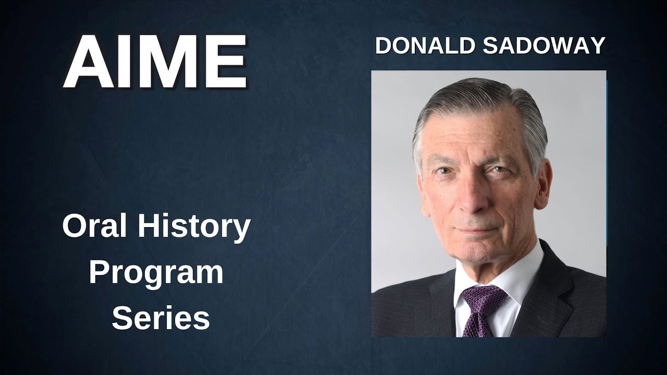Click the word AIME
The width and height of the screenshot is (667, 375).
pos(155,62)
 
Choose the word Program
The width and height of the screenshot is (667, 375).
pos(156,273)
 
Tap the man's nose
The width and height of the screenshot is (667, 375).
pos(471,196)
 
